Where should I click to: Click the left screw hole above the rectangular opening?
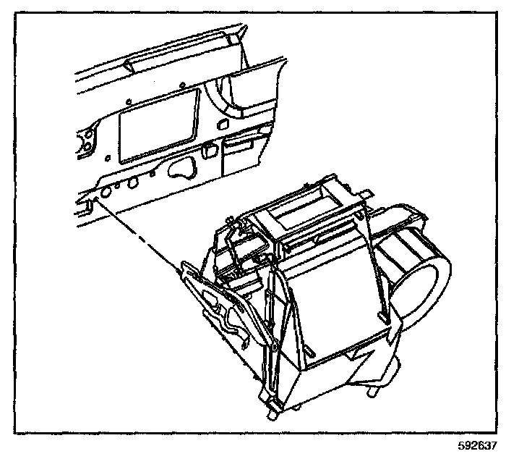coord(127,100)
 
